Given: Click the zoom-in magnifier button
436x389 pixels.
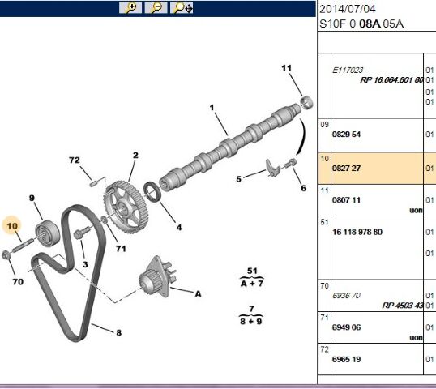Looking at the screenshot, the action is [130, 7].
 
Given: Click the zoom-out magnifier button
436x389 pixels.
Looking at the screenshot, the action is [156, 7].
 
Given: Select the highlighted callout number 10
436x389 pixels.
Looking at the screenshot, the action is [12, 226].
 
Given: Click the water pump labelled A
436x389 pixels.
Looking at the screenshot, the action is [156, 276].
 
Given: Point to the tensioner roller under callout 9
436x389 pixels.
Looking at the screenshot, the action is [47, 233].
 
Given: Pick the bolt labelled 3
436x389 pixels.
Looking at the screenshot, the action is [81, 233].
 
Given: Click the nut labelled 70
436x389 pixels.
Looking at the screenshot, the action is [6, 254].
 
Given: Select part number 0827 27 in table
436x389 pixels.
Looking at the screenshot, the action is [346, 169].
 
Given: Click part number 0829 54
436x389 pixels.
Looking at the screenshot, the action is [346, 135].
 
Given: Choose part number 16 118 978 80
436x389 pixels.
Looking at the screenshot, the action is [357, 232].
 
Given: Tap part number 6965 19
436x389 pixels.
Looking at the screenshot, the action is [346, 359].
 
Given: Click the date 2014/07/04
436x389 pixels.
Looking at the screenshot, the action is [348, 9].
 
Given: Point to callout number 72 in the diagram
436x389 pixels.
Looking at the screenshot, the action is [75, 160].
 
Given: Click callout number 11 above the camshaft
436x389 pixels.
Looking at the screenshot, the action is [286, 68].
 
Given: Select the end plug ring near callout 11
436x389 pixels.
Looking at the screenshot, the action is [306, 102].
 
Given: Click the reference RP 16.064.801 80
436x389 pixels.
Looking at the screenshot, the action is [391, 80].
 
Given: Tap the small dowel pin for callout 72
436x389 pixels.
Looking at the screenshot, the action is [93, 184].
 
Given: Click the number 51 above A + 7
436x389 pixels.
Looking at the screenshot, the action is [252, 271].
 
